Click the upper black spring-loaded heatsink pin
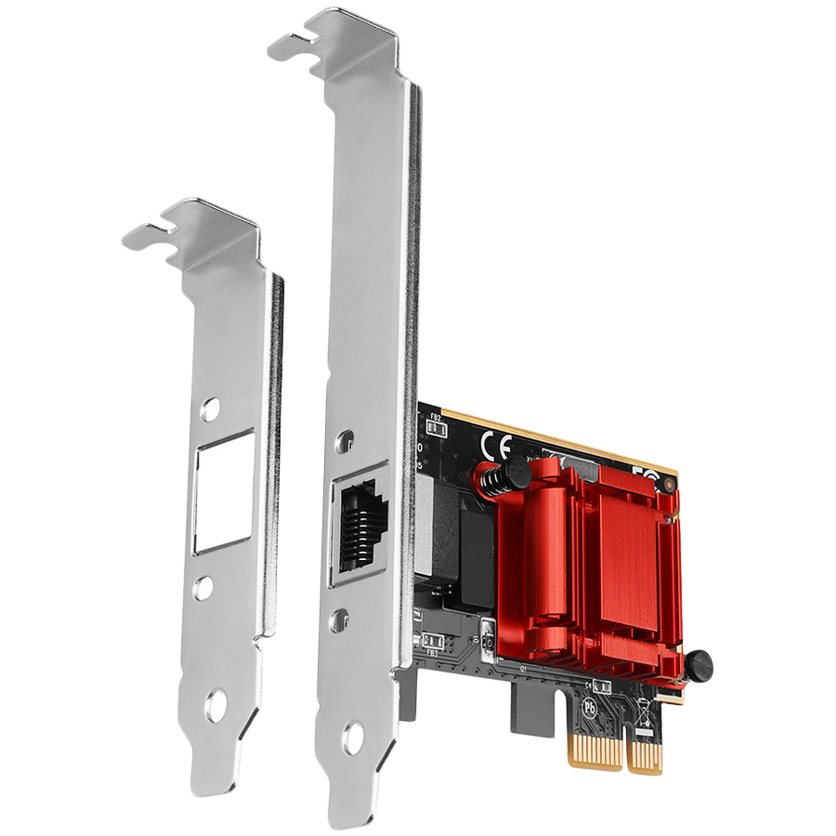pos(509,474)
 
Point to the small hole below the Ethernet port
pos(340,616)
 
